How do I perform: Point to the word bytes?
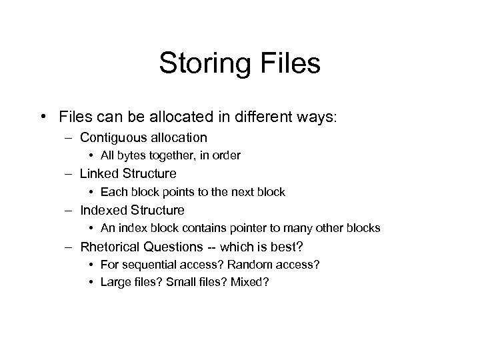tap(131, 156)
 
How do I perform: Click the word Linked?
tap(99, 174)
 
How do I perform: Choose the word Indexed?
tap(102, 210)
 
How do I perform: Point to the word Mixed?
tap(251, 282)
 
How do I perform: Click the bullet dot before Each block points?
tap(91, 193)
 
